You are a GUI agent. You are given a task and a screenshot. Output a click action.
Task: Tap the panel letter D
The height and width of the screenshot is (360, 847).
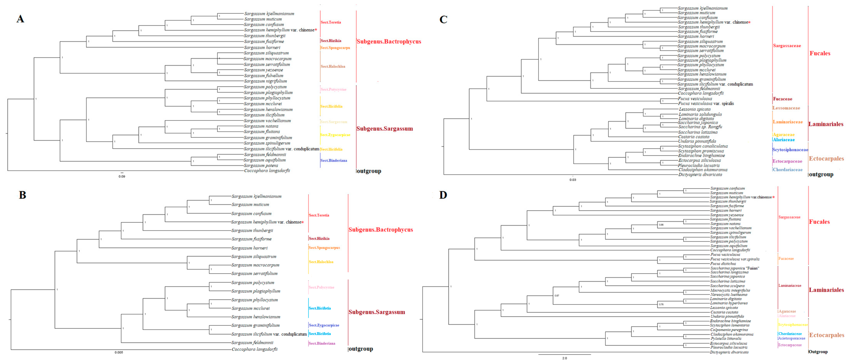pos(443,195)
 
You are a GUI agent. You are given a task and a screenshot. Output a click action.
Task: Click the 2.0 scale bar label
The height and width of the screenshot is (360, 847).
pos(565,358)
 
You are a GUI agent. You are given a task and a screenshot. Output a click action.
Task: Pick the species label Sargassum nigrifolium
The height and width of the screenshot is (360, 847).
pos(265,81)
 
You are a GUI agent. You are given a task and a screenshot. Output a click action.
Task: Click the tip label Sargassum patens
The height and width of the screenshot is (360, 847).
pos(261,166)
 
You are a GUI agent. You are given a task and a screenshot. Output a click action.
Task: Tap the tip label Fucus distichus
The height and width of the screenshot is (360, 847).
pos(723,264)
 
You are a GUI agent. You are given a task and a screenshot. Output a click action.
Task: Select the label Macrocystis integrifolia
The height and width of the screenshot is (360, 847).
pos(730,290)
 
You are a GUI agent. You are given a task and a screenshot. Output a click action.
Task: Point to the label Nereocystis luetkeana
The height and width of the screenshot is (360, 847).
pos(728,294)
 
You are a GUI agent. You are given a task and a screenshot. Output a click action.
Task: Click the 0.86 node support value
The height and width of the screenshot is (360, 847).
pos(661,225)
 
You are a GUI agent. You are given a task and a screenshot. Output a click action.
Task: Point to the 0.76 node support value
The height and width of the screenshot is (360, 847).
pos(661,304)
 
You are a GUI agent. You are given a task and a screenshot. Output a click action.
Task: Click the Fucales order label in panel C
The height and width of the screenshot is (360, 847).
pos(820,53)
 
